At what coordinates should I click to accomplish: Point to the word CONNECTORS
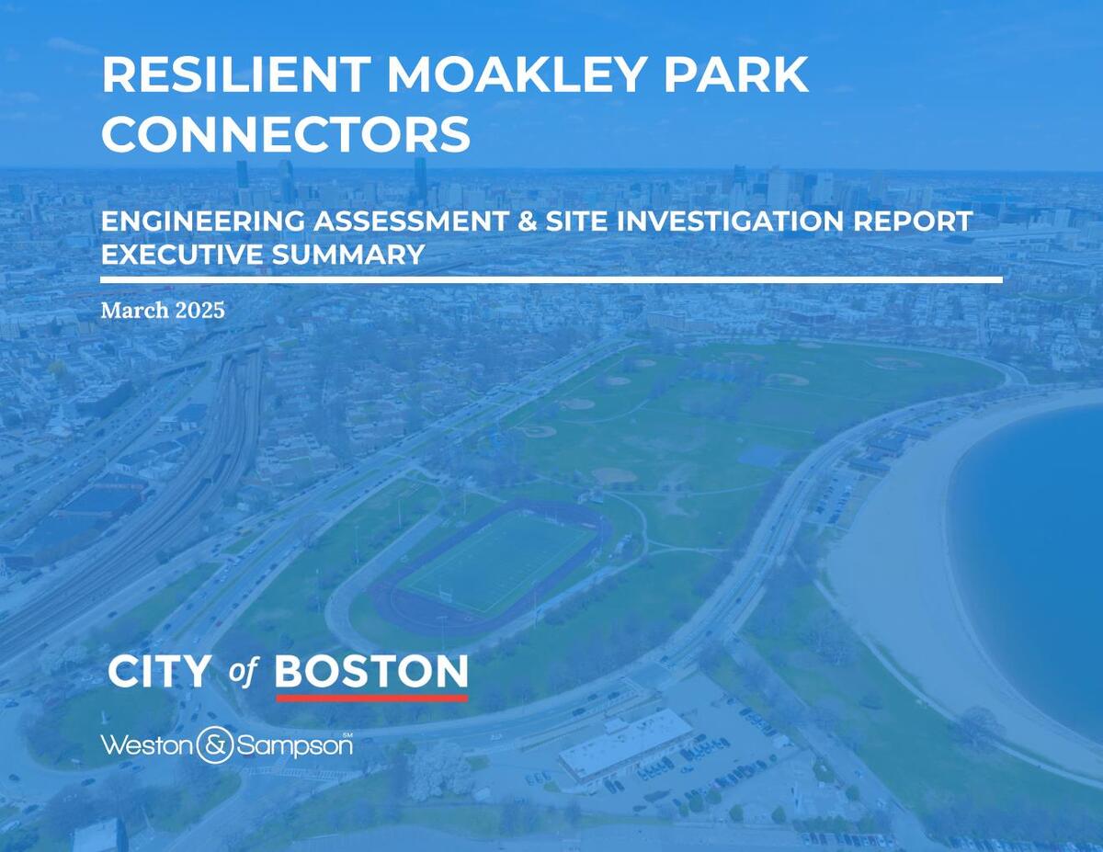point(286,134)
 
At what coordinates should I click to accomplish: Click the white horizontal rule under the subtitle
point(551,279)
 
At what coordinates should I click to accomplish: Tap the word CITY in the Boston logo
point(159,673)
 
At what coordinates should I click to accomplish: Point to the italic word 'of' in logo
point(243,673)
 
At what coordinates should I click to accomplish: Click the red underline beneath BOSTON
point(371,699)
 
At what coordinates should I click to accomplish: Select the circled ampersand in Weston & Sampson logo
point(215,745)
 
